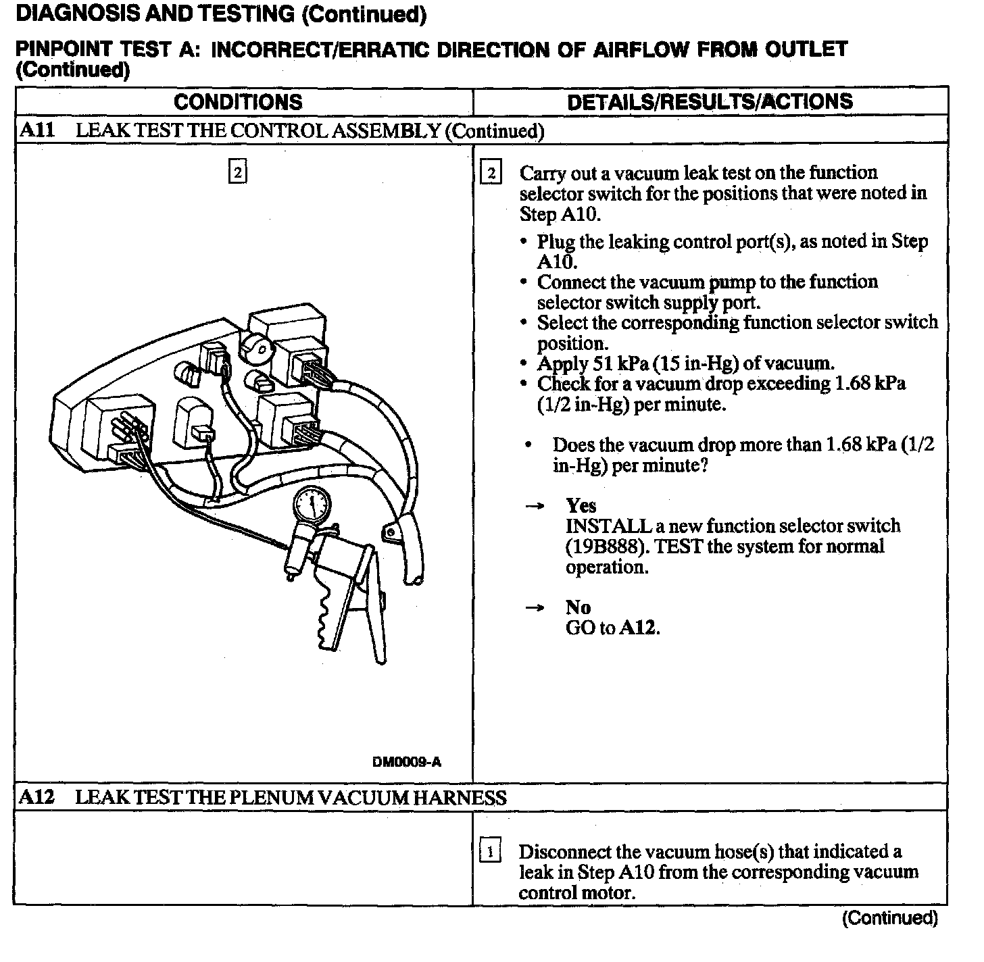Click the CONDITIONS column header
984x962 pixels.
[x=238, y=102]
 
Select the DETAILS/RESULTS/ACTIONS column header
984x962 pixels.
[x=710, y=102]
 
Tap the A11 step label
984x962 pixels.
[x=37, y=130]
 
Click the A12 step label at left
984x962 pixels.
[x=36, y=797]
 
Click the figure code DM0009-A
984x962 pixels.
[x=407, y=762]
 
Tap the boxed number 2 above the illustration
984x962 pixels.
[x=237, y=172]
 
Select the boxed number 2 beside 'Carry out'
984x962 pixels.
[x=491, y=174]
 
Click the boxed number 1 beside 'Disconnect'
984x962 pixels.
[x=490, y=851]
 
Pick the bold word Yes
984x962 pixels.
[x=581, y=506]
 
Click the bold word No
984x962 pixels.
[x=578, y=607]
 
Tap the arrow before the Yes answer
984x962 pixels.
[x=535, y=507]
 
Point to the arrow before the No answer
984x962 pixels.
[x=535, y=608]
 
